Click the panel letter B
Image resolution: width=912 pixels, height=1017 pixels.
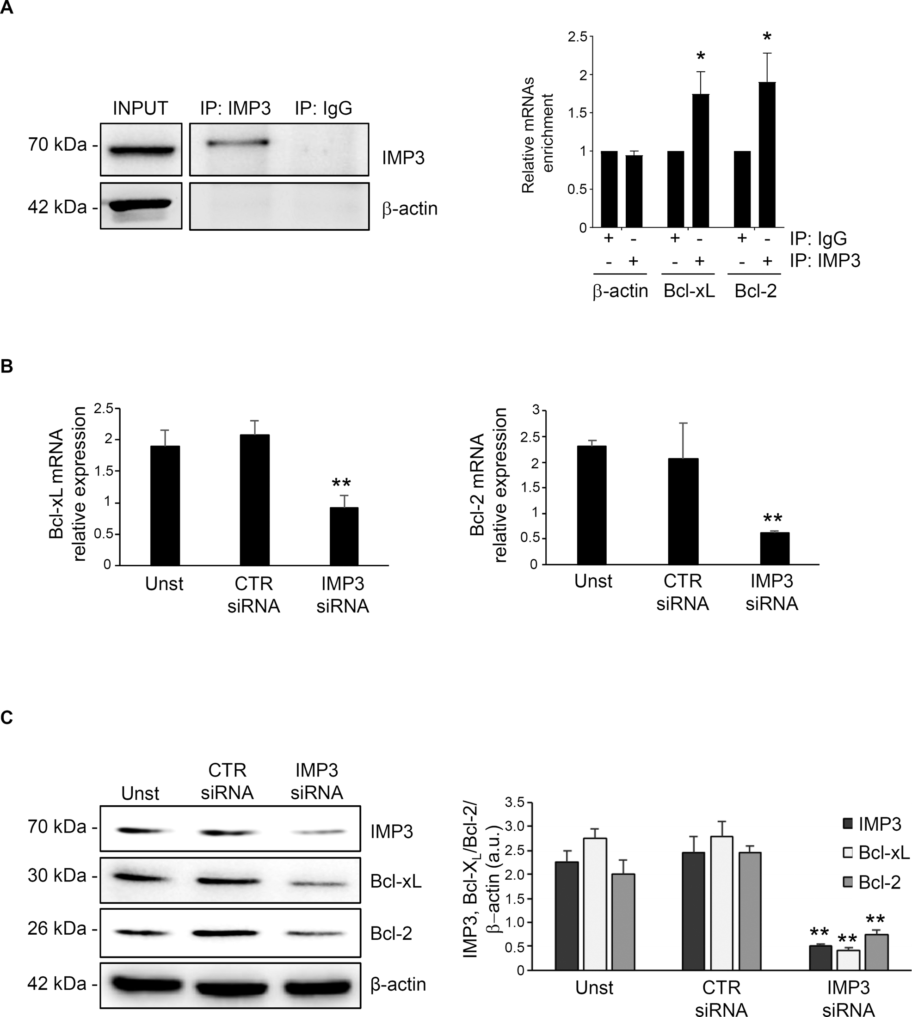6,366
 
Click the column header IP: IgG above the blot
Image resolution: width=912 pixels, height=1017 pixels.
323,108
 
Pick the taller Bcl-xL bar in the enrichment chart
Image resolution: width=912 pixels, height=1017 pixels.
701,160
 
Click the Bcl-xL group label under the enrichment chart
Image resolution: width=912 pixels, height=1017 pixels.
689,291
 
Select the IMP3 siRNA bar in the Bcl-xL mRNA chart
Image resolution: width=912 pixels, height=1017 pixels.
343,536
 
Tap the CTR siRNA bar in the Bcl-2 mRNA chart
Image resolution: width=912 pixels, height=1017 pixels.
683,511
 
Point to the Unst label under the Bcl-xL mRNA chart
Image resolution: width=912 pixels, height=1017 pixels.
164,584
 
